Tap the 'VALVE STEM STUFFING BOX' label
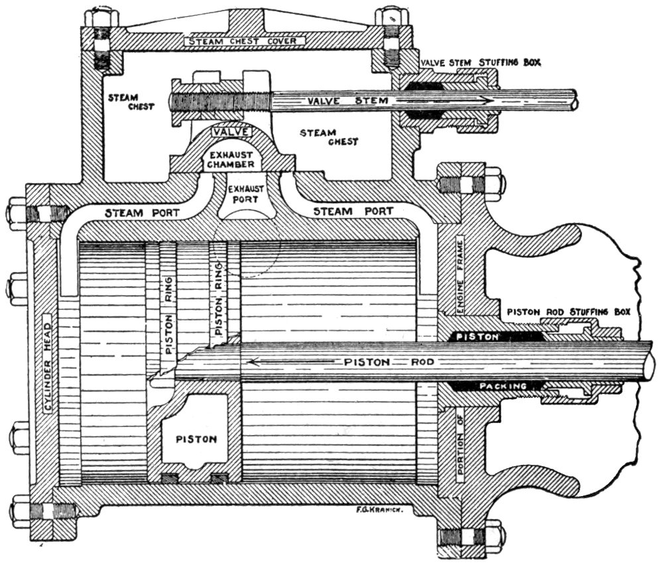481,62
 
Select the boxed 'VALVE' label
229,131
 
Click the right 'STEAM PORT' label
353,211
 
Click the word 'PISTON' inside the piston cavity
192,438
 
